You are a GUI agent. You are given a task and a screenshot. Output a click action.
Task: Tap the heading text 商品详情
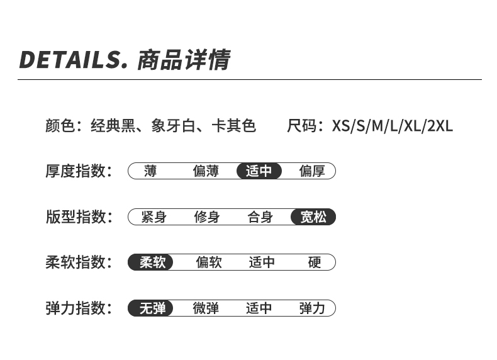(x=183, y=59)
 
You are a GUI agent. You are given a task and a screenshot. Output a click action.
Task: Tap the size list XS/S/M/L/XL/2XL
(x=392, y=126)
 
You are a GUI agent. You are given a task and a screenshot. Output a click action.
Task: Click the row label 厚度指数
(x=75, y=171)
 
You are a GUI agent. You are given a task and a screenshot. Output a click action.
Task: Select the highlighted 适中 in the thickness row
(x=259, y=171)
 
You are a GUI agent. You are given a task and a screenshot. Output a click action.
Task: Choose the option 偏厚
(x=312, y=171)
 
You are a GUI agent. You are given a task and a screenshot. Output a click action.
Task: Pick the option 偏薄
(x=205, y=171)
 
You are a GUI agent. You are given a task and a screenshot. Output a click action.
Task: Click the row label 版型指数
(x=75, y=217)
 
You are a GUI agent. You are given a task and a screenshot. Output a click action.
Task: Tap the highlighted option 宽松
(x=313, y=217)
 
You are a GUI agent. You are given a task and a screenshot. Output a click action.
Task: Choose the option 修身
(x=207, y=217)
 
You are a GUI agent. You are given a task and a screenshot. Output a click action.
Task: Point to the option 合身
(x=260, y=217)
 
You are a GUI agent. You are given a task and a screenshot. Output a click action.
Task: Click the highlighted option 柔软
(x=152, y=262)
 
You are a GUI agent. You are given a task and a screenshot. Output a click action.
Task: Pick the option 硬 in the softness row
(x=315, y=262)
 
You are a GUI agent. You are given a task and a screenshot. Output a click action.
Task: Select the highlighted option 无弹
(x=152, y=308)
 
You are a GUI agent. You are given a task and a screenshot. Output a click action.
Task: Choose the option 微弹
(x=206, y=308)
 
